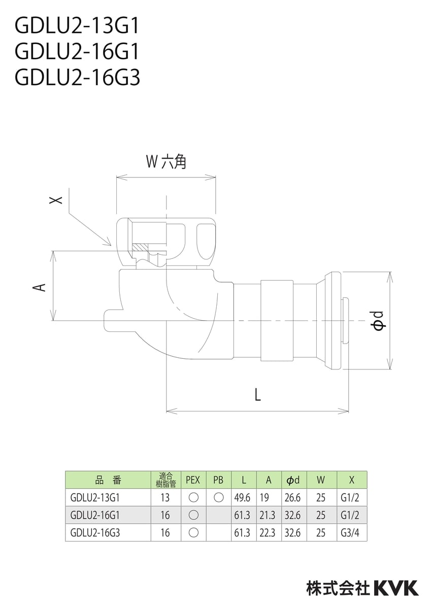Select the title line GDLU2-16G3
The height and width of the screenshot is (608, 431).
click(78, 78)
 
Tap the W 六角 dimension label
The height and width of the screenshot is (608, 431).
click(166, 162)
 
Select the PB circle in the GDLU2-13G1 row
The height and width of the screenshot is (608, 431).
click(218, 498)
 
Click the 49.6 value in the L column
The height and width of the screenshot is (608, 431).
click(242, 498)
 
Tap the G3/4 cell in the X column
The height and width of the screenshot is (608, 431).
click(351, 533)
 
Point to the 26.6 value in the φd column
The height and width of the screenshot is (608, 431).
click(293, 498)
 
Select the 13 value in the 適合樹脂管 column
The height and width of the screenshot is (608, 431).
click(165, 498)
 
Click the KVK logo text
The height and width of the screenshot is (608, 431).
click(396, 588)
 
